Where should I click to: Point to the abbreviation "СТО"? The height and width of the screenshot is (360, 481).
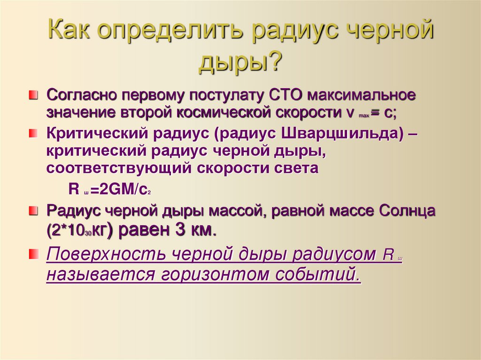[286, 95]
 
